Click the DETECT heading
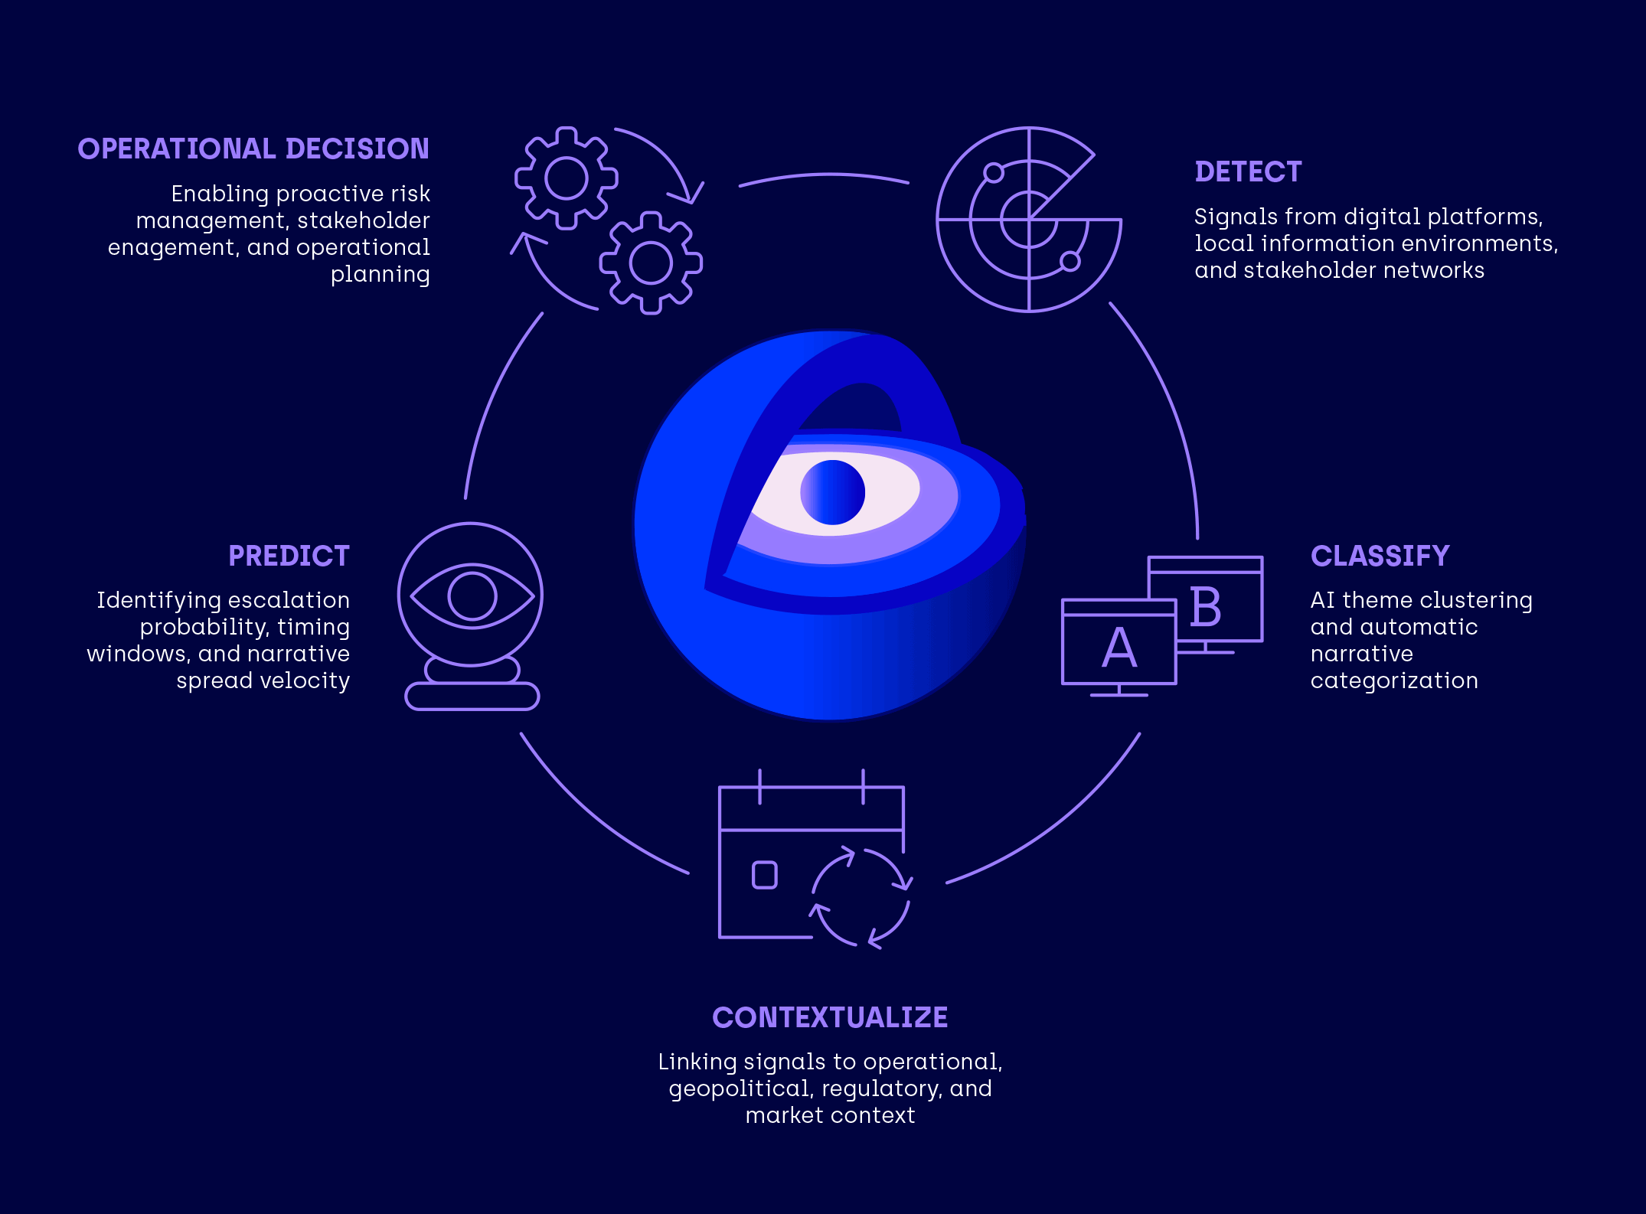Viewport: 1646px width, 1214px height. pyautogui.click(x=1248, y=172)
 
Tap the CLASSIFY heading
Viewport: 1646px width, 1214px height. pyautogui.click(x=1380, y=556)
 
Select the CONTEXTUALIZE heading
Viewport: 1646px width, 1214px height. pyautogui.click(x=830, y=1017)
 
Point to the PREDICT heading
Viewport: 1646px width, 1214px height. pyautogui.click(x=289, y=556)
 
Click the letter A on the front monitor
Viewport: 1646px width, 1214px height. pyautogui.click(x=1119, y=648)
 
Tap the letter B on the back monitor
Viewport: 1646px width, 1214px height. pyautogui.click(x=1206, y=608)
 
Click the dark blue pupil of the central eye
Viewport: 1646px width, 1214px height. pyautogui.click(x=832, y=492)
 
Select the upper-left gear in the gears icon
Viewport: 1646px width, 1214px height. pyautogui.click(x=567, y=178)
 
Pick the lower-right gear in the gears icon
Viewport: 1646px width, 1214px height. pyautogui.click(x=651, y=263)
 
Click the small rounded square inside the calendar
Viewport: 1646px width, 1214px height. pyautogui.click(x=764, y=875)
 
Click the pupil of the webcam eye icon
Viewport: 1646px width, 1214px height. pyautogui.click(x=472, y=596)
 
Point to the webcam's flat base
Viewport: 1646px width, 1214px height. pyautogui.click(x=472, y=697)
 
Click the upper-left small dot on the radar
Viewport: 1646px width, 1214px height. pyautogui.click(x=994, y=172)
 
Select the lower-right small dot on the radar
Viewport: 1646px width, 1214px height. pyautogui.click(x=1070, y=262)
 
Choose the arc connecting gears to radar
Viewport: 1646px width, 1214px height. pyautogui.click(x=825, y=176)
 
